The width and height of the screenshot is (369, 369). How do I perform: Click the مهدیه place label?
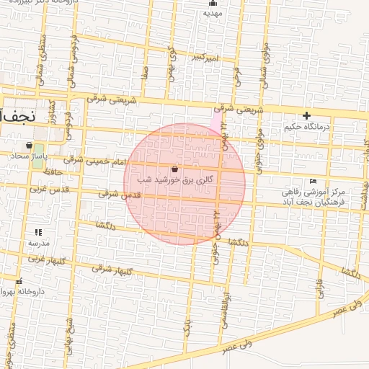[x=211, y=13]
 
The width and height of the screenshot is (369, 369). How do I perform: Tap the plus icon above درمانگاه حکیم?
[x=306, y=115]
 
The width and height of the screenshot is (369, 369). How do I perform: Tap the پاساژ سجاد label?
[x=32, y=156]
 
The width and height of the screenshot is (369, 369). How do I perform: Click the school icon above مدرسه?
[x=37, y=232]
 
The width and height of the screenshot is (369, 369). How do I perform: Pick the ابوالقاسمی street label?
[x=225, y=311]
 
